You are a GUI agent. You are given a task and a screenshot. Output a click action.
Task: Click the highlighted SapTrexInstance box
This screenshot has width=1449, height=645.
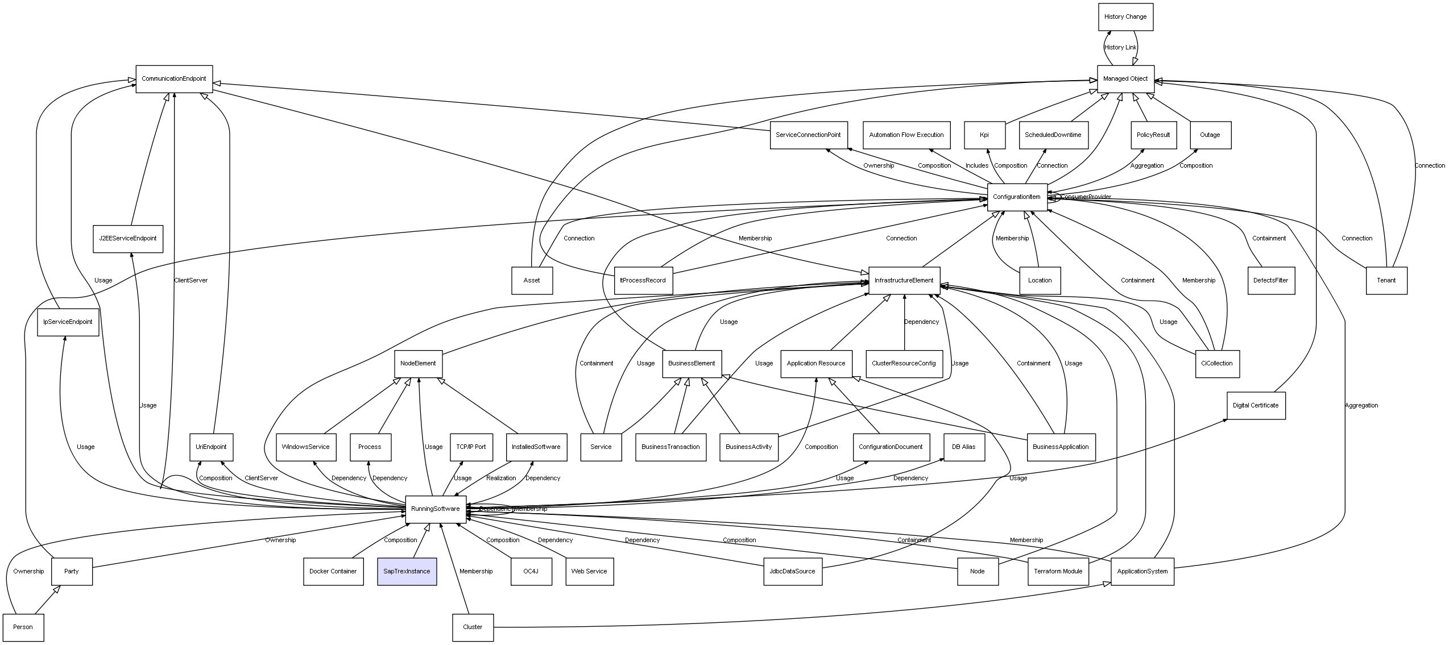(x=407, y=571)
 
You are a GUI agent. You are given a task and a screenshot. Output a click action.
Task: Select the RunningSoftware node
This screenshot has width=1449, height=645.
(x=436, y=509)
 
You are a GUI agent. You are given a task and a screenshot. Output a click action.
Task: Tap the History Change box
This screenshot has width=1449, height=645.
(x=1125, y=17)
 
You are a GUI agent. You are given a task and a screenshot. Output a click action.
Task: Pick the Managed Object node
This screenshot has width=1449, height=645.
(x=1125, y=79)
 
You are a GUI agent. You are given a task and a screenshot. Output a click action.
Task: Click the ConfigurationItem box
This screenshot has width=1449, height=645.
(x=1017, y=197)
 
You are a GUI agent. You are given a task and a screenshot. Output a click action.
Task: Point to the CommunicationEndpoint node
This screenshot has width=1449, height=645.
(x=174, y=79)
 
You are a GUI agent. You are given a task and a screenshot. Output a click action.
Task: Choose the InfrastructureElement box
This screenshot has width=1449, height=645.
(x=904, y=280)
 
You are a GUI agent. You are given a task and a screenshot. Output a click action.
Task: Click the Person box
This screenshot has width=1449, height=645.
(x=23, y=627)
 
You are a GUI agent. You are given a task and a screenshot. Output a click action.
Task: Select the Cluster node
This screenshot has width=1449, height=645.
(x=473, y=627)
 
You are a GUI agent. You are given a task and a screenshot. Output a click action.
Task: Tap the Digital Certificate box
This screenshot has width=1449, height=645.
(x=1256, y=405)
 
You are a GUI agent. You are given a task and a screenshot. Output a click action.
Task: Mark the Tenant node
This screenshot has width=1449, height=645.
(x=1386, y=280)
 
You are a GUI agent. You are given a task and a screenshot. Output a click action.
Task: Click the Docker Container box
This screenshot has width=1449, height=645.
(x=333, y=571)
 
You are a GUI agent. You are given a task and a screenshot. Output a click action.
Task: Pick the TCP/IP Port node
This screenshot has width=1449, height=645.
(x=471, y=447)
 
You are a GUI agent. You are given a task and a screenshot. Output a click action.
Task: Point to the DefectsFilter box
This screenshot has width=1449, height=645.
(x=1271, y=280)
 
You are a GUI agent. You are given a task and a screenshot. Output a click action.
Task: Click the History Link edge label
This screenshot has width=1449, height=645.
(x=1120, y=48)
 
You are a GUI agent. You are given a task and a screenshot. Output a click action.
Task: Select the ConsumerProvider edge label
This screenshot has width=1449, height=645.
(x=1086, y=197)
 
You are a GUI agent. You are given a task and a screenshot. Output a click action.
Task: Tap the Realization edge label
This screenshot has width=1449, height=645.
(x=501, y=478)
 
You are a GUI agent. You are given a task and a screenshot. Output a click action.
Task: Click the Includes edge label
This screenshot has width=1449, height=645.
(x=977, y=166)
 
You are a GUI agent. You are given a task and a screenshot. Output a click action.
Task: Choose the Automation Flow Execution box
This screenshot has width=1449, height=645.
(x=906, y=135)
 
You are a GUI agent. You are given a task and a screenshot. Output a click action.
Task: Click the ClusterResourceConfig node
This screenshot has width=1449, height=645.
(x=904, y=364)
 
